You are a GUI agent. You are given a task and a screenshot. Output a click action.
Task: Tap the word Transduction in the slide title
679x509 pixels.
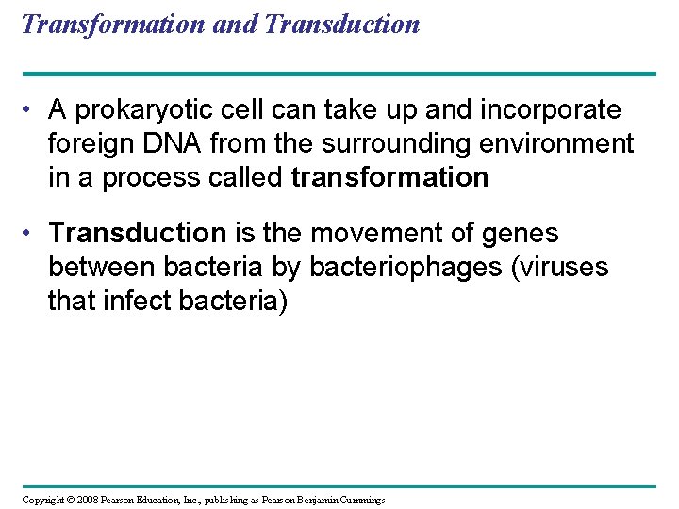click(x=343, y=24)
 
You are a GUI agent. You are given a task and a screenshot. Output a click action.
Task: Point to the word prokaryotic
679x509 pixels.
click(x=167, y=111)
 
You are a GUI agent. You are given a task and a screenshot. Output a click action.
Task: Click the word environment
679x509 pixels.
click(x=556, y=144)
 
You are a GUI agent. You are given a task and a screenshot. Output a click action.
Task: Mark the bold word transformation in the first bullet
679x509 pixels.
click(x=390, y=177)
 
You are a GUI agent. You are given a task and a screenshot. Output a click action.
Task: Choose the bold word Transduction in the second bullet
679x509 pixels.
click(x=138, y=234)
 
